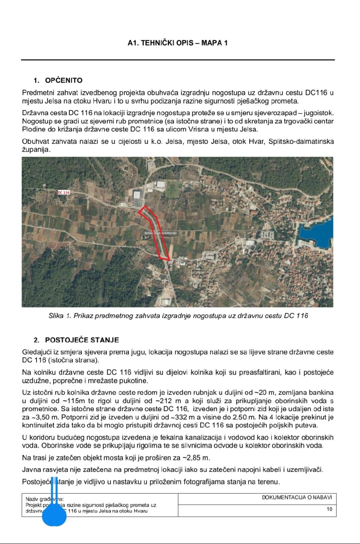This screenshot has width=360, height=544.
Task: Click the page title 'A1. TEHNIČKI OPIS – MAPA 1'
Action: point(178,43)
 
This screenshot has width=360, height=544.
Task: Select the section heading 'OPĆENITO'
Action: point(64,81)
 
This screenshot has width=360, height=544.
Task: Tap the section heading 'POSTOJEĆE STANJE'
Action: point(82,340)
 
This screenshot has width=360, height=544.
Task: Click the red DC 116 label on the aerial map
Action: point(64,192)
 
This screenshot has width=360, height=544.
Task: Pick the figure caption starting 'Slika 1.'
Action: point(178,316)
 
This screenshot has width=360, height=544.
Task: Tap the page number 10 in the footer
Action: point(329,509)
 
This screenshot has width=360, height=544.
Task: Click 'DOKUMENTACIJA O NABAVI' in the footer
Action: point(297,497)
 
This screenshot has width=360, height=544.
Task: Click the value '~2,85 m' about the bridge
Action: point(195,458)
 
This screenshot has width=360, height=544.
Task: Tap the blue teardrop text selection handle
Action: point(54,515)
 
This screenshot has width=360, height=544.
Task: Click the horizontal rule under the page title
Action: point(178,60)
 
